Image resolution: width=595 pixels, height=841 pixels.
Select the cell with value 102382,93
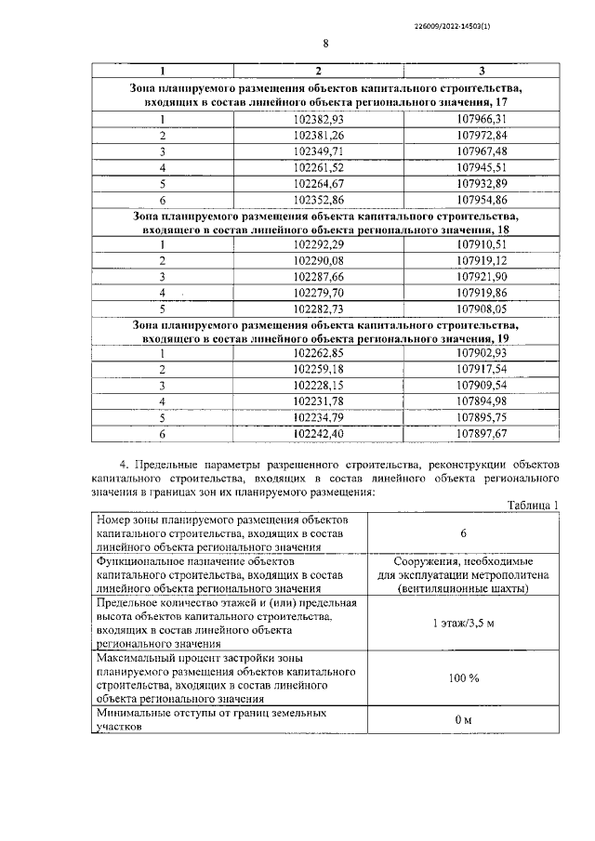pyautogui.click(x=318, y=119)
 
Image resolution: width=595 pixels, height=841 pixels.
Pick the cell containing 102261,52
pyautogui.click(x=318, y=167)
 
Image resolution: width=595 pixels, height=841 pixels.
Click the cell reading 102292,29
pyautogui.click(x=318, y=244)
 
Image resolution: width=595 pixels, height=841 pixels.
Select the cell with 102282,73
pyautogui.click(x=318, y=309)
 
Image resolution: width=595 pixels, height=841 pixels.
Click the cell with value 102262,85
pyautogui.click(x=318, y=353)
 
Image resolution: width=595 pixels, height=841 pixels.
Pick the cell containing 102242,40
pyautogui.click(x=318, y=433)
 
